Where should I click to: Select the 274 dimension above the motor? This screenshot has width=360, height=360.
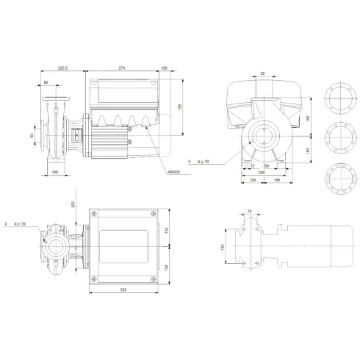click(122, 68)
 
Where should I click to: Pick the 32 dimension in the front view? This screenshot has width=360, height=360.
click(262, 73)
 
